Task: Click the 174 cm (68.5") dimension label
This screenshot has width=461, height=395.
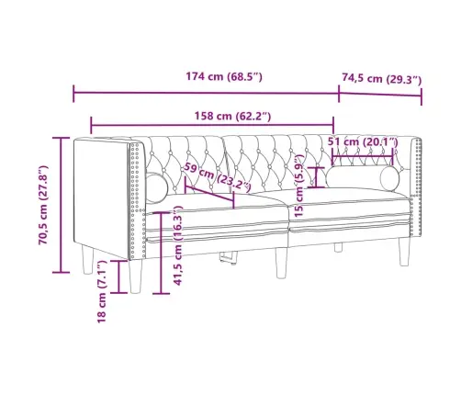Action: [x=224, y=76]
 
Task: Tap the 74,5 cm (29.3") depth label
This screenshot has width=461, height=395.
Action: [x=382, y=79]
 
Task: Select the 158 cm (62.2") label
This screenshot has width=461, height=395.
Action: [x=232, y=116]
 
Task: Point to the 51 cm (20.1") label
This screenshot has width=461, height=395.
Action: [x=363, y=141]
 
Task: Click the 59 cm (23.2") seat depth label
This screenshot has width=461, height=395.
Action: [x=217, y=178]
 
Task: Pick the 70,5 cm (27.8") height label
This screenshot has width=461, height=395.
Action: [x=43, y=205]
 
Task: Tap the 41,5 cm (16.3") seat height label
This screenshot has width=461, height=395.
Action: [x=178, y=245]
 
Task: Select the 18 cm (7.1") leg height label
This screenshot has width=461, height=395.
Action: [x=101, y=291]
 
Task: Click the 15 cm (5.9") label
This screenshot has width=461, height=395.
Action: [x=298, y=186]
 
